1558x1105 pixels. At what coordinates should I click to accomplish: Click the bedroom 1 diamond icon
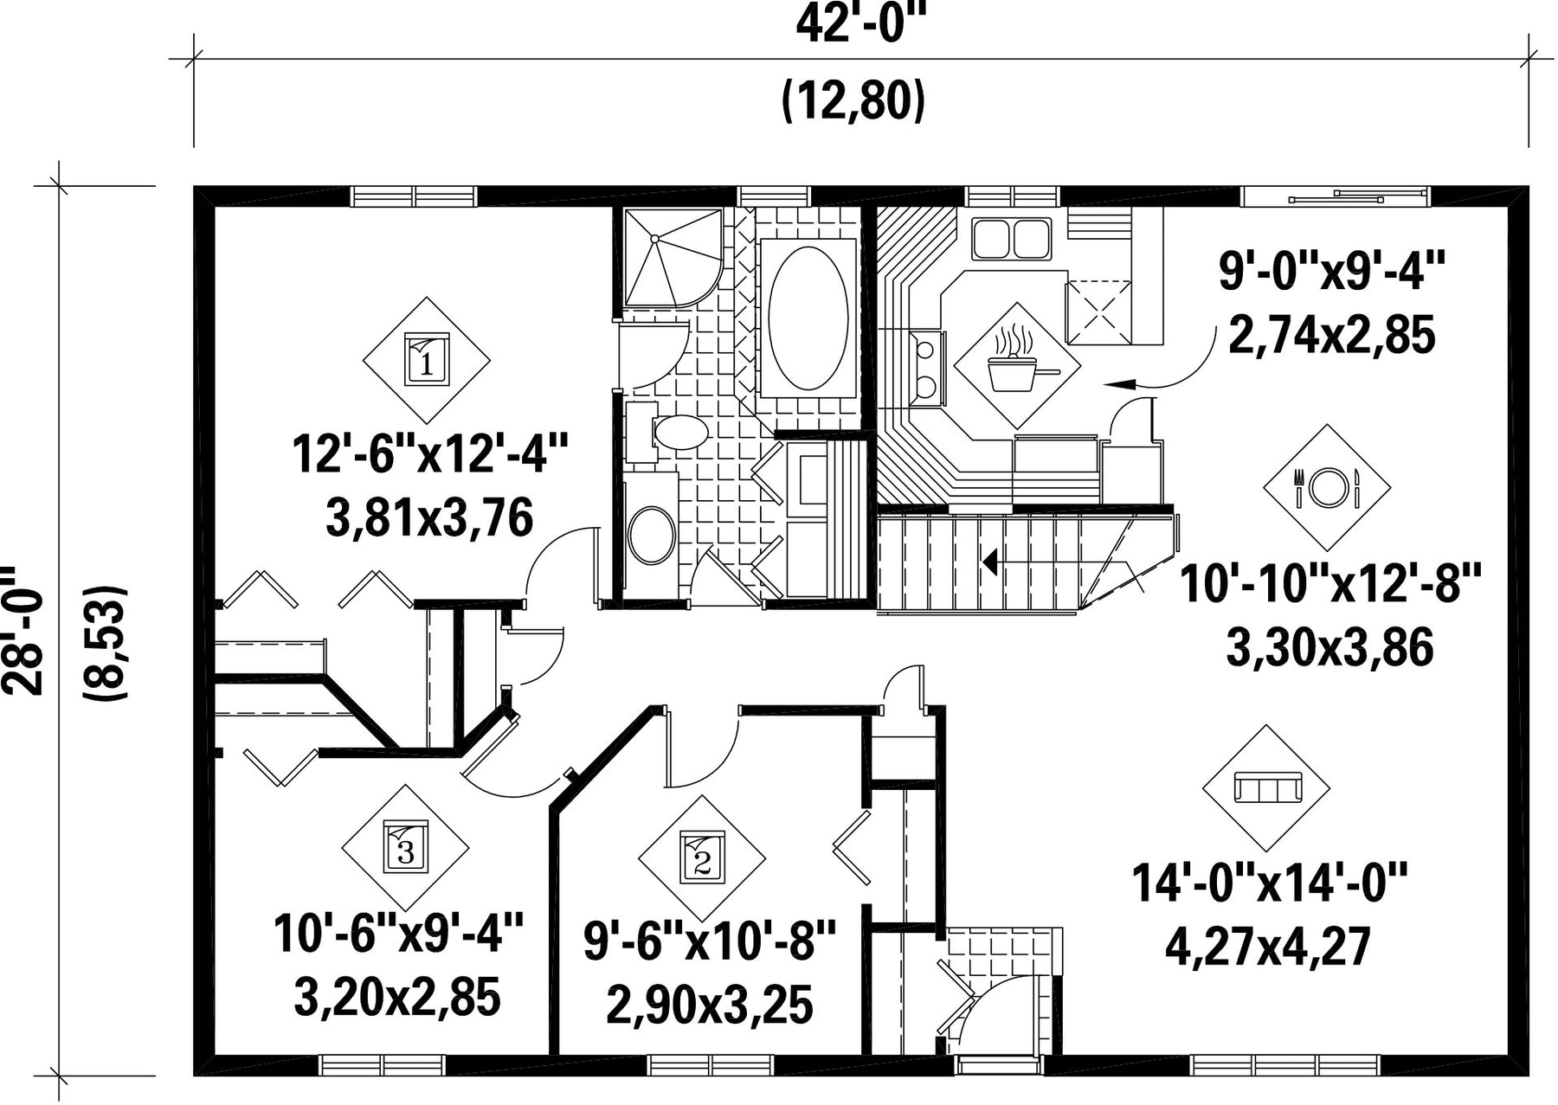tap(426, 359)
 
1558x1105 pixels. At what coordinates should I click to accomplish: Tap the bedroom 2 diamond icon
tap(702, 858)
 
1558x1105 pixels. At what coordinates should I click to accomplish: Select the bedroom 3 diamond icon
tap(405, 846)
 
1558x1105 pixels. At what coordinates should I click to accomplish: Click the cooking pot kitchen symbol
tap(1017, 364)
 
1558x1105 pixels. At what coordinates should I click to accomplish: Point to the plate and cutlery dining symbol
tap(1327, 487)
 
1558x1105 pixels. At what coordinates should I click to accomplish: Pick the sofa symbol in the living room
tap(1266, 788)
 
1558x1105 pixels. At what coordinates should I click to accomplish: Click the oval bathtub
tap(808, 318)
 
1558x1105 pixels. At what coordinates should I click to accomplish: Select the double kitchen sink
tap(1011, 239)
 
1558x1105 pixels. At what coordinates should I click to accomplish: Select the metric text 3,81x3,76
tap(429, 518)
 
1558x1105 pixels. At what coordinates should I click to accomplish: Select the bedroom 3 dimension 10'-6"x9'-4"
tap(399, 934)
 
